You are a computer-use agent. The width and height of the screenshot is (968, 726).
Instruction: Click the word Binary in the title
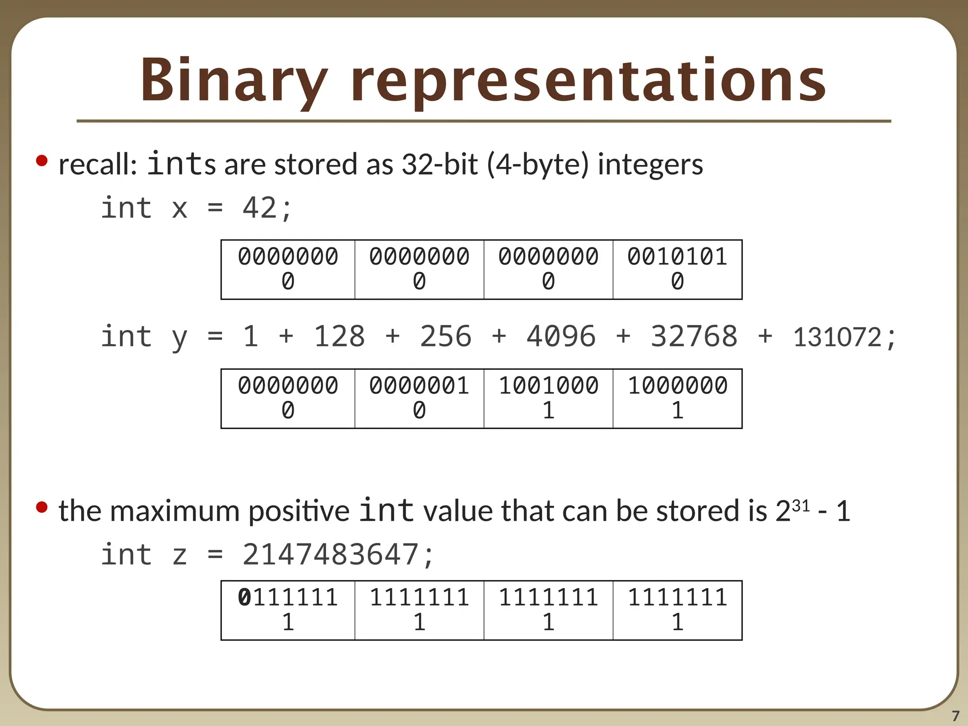coord(233,80)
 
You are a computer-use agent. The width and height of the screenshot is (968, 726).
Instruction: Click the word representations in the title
coord(588,80)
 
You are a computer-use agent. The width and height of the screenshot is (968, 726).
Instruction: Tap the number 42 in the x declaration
coord(259,208)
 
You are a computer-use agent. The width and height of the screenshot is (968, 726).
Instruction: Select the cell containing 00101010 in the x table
coord(677,269)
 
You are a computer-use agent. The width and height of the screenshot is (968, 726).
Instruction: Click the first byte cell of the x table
coord(288,269)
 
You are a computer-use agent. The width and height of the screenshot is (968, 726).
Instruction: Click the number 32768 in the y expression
coord(694,337)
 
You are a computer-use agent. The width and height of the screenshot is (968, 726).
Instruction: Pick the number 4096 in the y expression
coord(561,337)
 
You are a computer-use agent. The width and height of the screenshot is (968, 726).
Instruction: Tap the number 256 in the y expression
coord(446,337)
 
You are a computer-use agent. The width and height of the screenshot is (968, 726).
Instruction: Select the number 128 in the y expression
coord(339,337)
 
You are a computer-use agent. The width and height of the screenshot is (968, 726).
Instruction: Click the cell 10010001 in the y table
coord(548,398)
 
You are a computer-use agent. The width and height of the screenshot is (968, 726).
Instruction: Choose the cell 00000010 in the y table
coord(419,398)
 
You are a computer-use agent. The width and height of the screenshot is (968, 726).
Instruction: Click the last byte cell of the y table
coord(677,398)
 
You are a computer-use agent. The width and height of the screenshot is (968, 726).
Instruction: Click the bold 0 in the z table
coord(244,597)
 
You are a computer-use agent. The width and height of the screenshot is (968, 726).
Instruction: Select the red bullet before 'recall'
coord(42,161)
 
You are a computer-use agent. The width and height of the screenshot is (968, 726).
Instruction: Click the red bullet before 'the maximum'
coord(42,507)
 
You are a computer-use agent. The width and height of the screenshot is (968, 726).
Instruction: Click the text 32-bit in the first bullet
coord(440,164)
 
